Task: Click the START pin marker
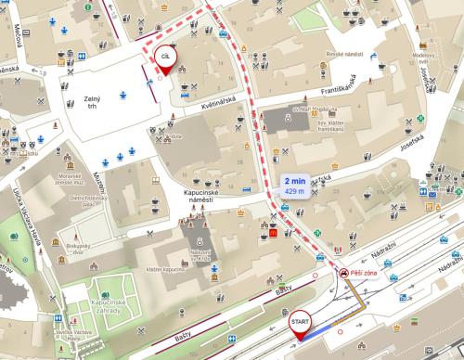click(x=300, y=322)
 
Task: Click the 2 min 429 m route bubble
click(x=295, y=186)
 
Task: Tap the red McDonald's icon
click(x=276, y=237)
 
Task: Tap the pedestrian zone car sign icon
click(x=344, y=275)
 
